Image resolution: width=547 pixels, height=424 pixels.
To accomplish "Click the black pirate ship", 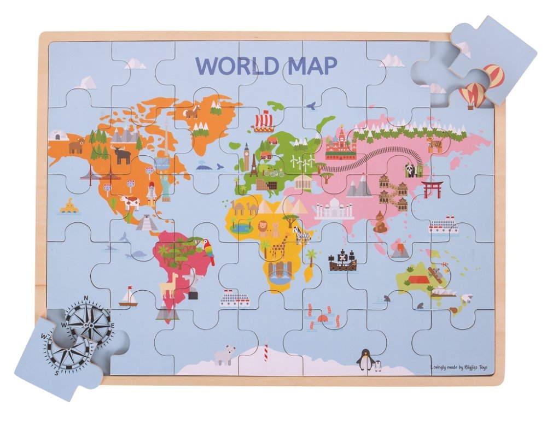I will (342, 261).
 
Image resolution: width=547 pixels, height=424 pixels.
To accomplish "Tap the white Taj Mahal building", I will (333, 208).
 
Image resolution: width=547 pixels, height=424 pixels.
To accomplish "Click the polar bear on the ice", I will (225, 355).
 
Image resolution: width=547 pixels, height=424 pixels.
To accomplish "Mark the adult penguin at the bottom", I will (364, 359).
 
